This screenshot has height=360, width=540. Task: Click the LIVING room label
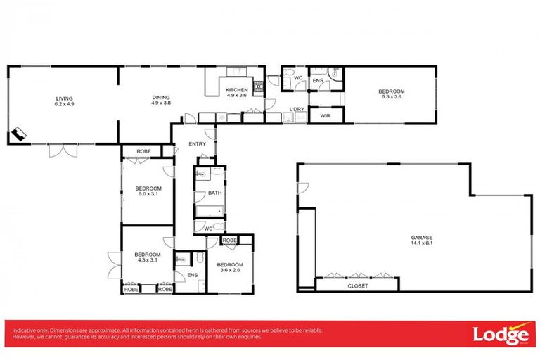tap(64, 98)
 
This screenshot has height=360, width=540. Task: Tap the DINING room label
tap(161, 98)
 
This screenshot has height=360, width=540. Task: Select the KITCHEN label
tap(236, 90)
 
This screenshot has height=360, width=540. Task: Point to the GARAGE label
tap(422, 238)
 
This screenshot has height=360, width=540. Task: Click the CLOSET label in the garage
tap(358, 286)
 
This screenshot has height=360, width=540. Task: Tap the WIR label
tap(325, 115)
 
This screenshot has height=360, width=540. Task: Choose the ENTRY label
tap(198, 144)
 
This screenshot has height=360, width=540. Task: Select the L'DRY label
tap(297, 110)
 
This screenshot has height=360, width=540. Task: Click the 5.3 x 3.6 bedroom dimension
tap(392, 97)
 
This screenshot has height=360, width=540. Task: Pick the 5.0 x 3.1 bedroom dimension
tap(148, 194)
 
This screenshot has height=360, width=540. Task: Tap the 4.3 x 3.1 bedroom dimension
tap(148, 260)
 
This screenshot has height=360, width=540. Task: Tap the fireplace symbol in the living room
tap(18, 134)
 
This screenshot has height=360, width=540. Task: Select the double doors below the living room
tap(62, 150)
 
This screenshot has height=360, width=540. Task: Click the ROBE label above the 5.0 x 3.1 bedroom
tap(143, 151)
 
